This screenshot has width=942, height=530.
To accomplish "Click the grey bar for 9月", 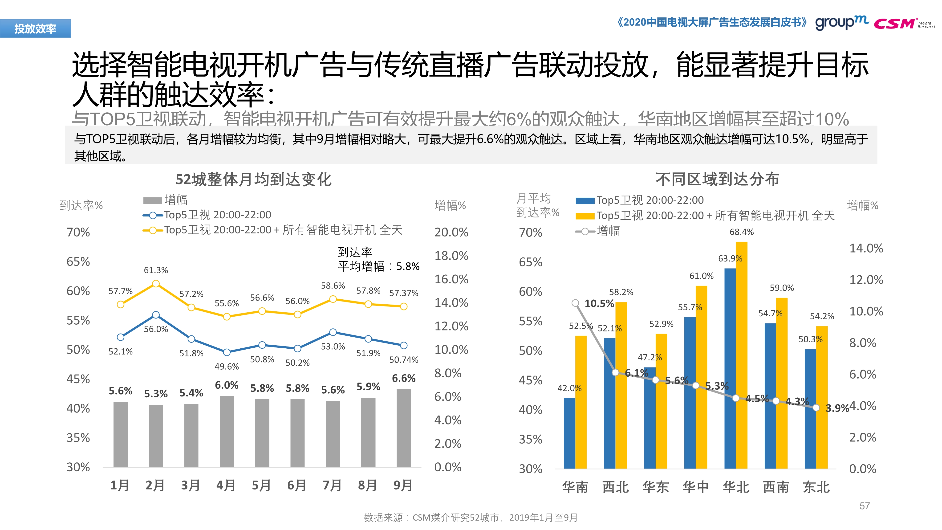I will pyautogui.click(x=403, y=428).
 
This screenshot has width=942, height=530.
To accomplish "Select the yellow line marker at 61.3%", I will pyautogui.click(x=156, y=284).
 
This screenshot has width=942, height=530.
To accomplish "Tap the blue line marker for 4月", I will pyautogui.click(x=227, y=352).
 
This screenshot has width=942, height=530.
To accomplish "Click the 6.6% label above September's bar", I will pyautogui.click(x=403, y=378).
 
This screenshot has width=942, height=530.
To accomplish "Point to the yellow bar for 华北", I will pyautogui.click(x=742, y=355).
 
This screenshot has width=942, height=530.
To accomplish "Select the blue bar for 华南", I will pyautogui.click(x=569, y=433).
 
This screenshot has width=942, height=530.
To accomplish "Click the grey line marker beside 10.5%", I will pyautogui.click(x=575, y=303).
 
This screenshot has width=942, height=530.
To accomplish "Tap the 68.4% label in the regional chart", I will pyautogui.click(x=742, y=232).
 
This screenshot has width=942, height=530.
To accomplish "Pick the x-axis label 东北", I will pyautogui.click(x=816, y=487).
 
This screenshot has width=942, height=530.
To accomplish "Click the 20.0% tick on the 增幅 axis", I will pyautogui.click(x=451, y=232).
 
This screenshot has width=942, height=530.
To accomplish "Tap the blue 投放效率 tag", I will pyautogui.click(x=36, y=29).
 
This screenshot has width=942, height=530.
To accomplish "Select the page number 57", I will pyautogui.click(x=865, y=506).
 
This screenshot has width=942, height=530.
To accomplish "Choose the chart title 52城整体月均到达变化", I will pyautogui.click(x=253, y=179).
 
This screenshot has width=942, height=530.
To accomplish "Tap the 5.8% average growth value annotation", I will pyautogui.click(x=408, y=266).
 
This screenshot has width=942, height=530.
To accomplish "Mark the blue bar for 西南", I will pyautogui.click(x=770, y=396).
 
